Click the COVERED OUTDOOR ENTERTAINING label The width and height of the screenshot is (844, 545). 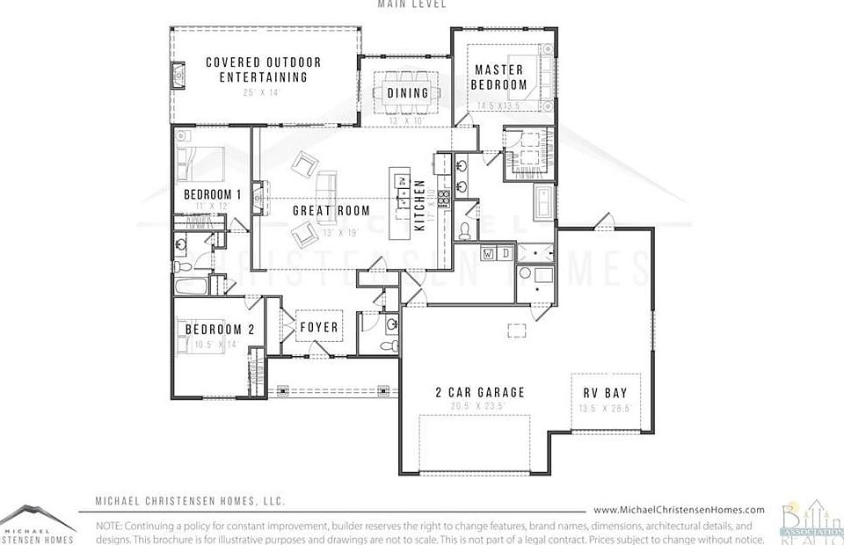coord(263,69)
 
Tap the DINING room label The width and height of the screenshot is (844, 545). coord(407,92)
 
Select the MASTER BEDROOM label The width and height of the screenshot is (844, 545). coord(498,77)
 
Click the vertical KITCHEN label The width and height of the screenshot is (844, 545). coord(420,205)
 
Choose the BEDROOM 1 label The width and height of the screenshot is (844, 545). coord(212,194)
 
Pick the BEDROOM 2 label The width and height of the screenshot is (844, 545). coord(219,330)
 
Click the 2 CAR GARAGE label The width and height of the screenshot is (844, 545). coord(480,392)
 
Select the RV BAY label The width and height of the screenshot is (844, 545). coord(605,392)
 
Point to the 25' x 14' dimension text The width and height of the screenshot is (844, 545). coord(263,91)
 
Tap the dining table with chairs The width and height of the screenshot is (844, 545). coord(407,92)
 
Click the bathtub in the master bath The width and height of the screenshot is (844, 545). coord(541,201)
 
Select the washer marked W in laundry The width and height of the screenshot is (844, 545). coord(488,254)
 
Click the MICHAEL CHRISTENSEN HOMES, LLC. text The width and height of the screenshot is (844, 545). coord(190,502)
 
